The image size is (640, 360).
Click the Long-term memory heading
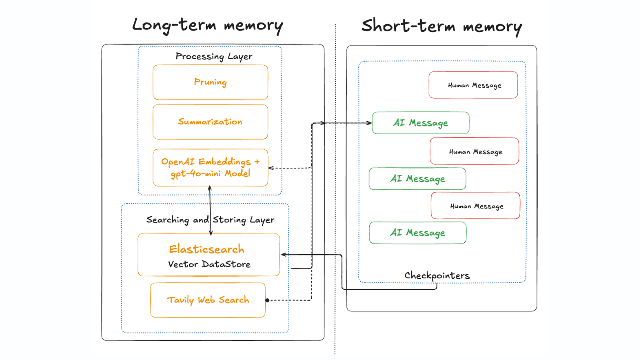pos(207,25)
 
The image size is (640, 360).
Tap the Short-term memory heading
pos(441,26)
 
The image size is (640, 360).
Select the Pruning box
pos(210,82)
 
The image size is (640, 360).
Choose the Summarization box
pos(210,122)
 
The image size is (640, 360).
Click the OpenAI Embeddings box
pos(210,168)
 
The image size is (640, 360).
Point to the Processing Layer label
pos(214,56)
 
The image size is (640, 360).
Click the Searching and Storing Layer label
pos(210,220)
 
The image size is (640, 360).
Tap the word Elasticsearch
pos(207,249)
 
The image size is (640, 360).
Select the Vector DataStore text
pos(209,264)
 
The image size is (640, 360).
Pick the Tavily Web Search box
pos(208,300)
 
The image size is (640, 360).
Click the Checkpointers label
pos(437,276)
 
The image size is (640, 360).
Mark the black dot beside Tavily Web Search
pos(267,300)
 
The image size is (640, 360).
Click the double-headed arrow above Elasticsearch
pos(210,210)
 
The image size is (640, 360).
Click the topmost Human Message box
pos(473,85)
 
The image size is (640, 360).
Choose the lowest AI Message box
pos(417,233)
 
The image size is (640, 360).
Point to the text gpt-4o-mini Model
pos(210,174)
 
